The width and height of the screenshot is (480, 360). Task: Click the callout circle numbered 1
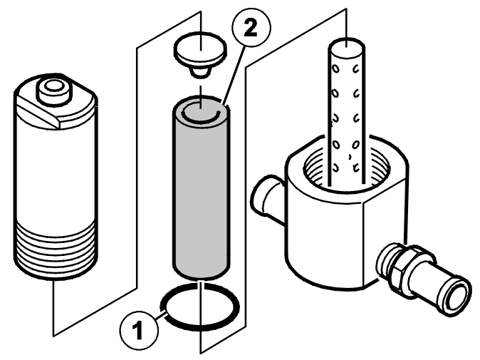pos(139,330)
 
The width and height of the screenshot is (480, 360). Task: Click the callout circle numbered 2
pos(251,28)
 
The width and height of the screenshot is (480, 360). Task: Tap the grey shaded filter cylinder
pos(201,187)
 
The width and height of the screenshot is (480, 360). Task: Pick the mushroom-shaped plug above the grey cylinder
pos(201,56)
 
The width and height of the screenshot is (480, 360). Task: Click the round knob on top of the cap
pos(53,91)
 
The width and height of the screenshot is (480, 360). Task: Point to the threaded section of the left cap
pos(56,250)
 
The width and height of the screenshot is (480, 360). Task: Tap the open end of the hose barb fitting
pos(456,295)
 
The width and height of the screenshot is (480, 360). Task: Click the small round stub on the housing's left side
pos(267,193)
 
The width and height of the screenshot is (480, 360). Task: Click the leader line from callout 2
pos(235,74)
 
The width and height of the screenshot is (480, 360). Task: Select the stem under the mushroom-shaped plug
pos(200,72)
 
